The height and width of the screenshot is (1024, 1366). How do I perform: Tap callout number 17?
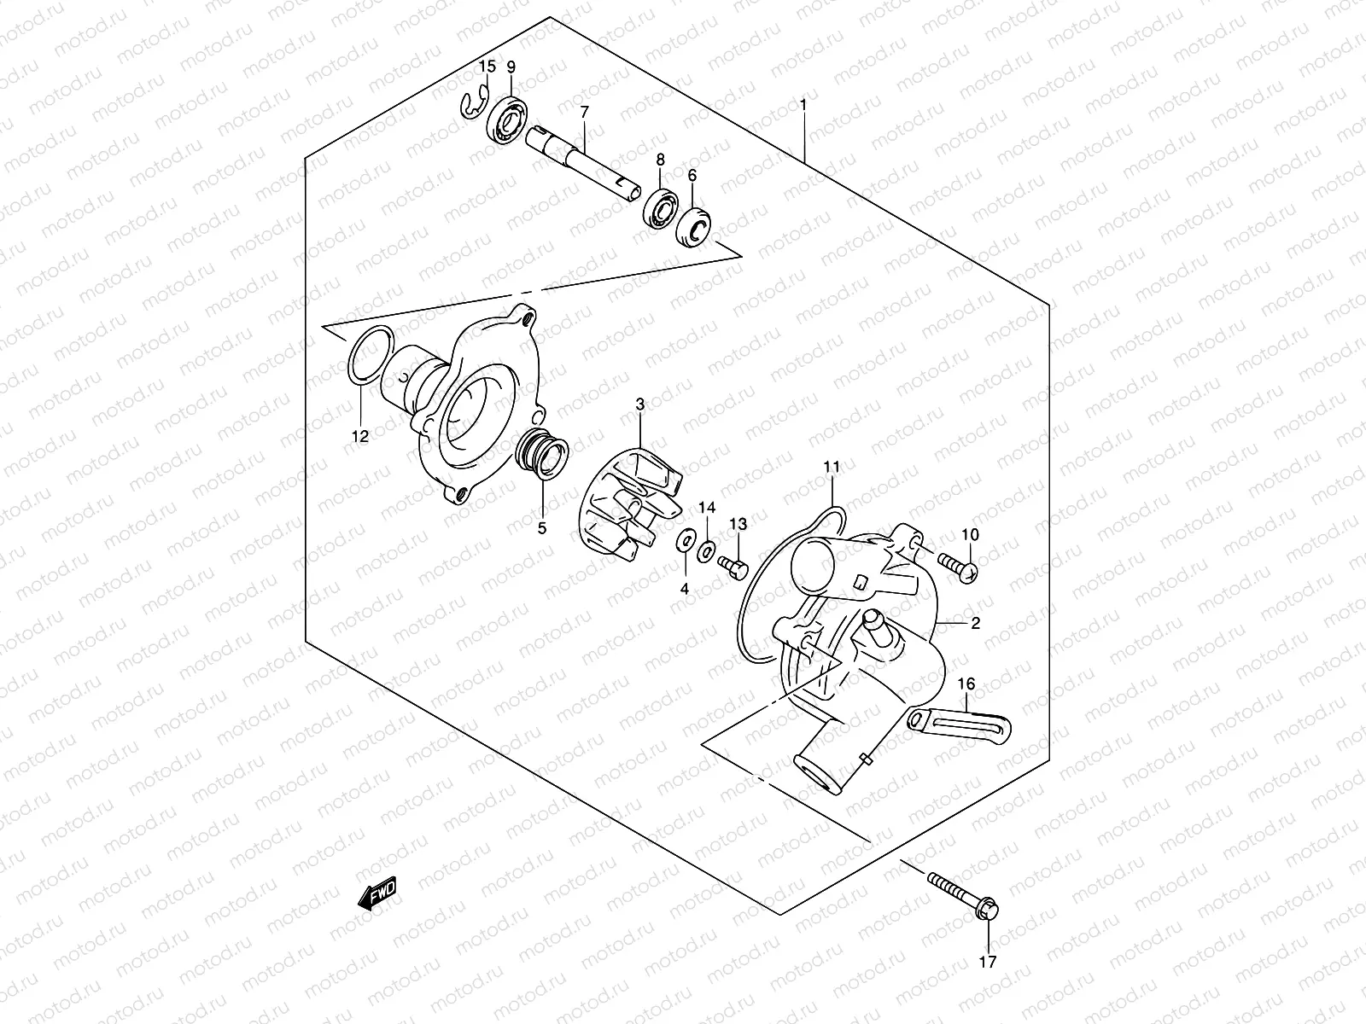tap(987, 963)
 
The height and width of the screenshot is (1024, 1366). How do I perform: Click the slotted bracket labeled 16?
tap(960, 722)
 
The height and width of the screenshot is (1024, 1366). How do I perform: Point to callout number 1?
tap(803, 106)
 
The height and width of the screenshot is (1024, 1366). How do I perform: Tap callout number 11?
tap(832, 467)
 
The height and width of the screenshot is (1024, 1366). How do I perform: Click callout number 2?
tap(975, 624)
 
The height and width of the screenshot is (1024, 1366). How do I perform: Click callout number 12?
tap(359, 436)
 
